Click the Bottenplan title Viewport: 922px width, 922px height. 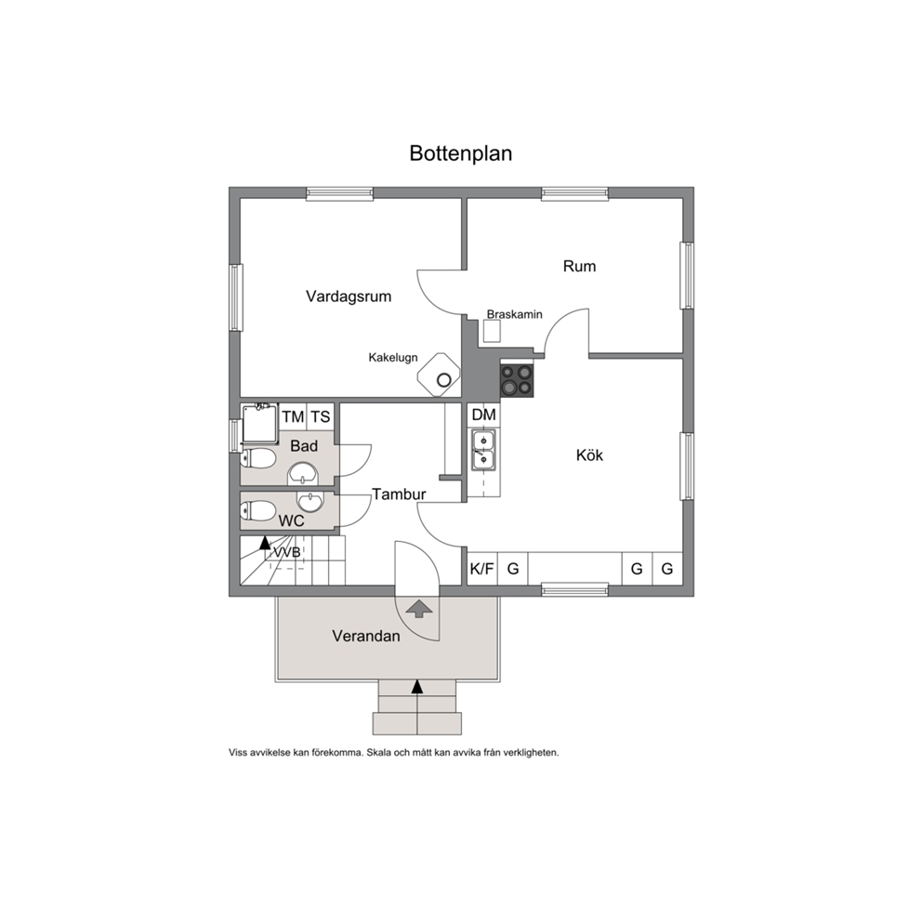coord(460,153)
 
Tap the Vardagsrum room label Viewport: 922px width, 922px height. coord(349,296)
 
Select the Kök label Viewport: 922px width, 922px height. coord(589,455)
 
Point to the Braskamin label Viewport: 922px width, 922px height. coord(515,314)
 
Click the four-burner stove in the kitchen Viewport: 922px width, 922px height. coord(517,380)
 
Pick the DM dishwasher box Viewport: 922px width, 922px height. coord(484,415)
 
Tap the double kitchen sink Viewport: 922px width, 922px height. coord(483,450)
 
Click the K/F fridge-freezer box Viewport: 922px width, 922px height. coord(482,569)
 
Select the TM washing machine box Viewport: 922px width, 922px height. coord(293,417)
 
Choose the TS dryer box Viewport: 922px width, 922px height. coord(321,417)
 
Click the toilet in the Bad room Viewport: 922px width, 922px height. coord(258,458)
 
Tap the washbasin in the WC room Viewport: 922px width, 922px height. coord(310,502)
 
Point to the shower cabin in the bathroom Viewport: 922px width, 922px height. coord(258,423)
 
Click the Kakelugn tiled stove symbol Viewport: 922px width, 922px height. coord(439,375)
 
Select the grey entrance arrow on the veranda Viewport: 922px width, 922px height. coord(418,609)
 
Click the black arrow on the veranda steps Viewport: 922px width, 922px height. coord(417,686)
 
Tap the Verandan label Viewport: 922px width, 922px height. coord(366,636)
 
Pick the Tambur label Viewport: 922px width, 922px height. coord(399,494)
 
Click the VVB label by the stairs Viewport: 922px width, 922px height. coord(287,553)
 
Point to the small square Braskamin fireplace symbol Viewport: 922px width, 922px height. coord(493,332)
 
